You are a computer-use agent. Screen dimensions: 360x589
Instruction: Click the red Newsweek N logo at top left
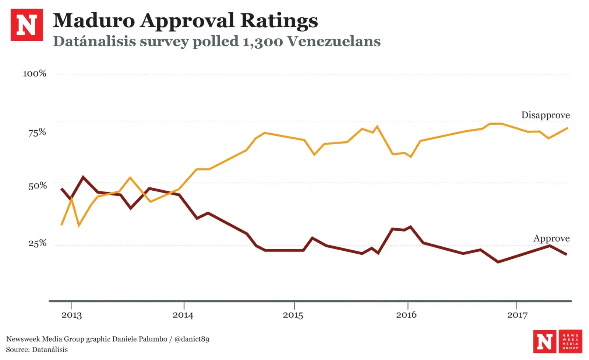[27, 25]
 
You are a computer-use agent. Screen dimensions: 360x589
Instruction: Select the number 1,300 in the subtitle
[263, 41]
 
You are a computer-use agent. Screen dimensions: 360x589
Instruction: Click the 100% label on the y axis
[35, 74]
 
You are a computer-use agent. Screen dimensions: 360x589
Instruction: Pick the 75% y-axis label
[37, 132]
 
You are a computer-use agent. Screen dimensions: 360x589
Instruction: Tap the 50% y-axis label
[38, 186]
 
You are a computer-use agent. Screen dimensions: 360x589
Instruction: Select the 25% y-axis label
[38, 243]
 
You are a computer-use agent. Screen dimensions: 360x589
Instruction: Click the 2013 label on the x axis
[71, 315]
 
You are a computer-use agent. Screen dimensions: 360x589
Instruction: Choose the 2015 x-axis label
[293, 315]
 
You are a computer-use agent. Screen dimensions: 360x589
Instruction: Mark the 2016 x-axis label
[406, 315]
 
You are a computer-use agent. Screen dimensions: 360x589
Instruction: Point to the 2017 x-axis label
[517, 315]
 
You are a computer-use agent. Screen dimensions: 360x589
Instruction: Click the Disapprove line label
[545, 115]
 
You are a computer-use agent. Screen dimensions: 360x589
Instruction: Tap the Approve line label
[551, 239]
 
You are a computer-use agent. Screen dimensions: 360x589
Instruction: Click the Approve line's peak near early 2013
[83, 177]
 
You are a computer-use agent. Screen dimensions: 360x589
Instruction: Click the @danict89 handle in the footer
[192, 339]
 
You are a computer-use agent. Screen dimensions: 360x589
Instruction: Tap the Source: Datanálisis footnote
[37, 350]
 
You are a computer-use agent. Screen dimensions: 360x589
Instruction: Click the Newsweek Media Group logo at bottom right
[557, 341]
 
